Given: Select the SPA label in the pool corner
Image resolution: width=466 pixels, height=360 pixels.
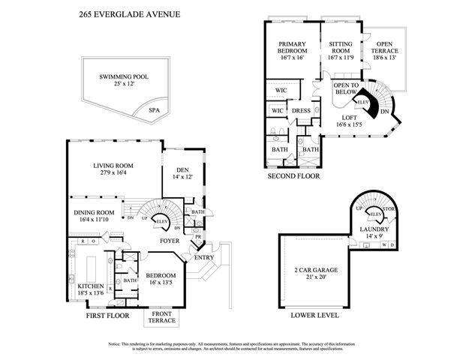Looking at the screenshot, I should [155, 109].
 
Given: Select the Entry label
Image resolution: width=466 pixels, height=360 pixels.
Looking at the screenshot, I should [203, 258].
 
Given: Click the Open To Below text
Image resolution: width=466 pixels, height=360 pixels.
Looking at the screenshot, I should [346, 88].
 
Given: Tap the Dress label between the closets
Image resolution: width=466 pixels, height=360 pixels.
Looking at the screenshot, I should [301, 109].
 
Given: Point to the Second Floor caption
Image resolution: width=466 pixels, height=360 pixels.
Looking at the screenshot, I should [293, 176].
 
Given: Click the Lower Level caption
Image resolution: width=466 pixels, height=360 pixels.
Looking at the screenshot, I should [314, 315].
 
